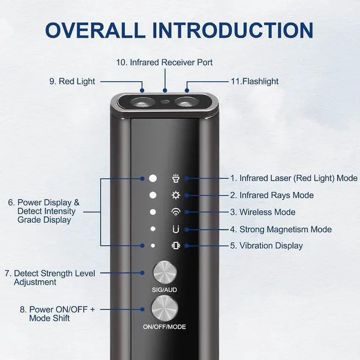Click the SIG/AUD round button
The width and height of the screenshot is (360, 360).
click(165, 272)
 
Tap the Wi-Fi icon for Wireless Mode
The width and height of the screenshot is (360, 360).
click(176, 212)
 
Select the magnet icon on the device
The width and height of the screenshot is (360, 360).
click(176, 229)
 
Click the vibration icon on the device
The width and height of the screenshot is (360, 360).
click(176, 246)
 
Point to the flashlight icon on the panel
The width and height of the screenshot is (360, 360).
click(176, 178)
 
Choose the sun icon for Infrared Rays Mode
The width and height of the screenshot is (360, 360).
click(176, 195)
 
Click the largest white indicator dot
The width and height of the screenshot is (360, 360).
click(153, 178)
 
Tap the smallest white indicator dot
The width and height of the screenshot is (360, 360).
click(153, 246)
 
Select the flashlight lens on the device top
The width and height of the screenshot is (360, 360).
click(186, 102)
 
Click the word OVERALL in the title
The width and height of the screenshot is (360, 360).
click(95, 30)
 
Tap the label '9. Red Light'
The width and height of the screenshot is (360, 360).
click(72, 81)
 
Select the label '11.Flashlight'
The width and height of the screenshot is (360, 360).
click(255, 81)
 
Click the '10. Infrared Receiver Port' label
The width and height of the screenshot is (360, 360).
click(164, 62)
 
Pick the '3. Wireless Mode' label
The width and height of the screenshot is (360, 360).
click(263, 212)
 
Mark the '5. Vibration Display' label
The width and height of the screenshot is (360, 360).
click(267, 246)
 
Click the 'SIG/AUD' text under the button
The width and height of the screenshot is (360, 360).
click(164, 290)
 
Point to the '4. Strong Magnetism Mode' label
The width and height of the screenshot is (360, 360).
click(281, 229)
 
